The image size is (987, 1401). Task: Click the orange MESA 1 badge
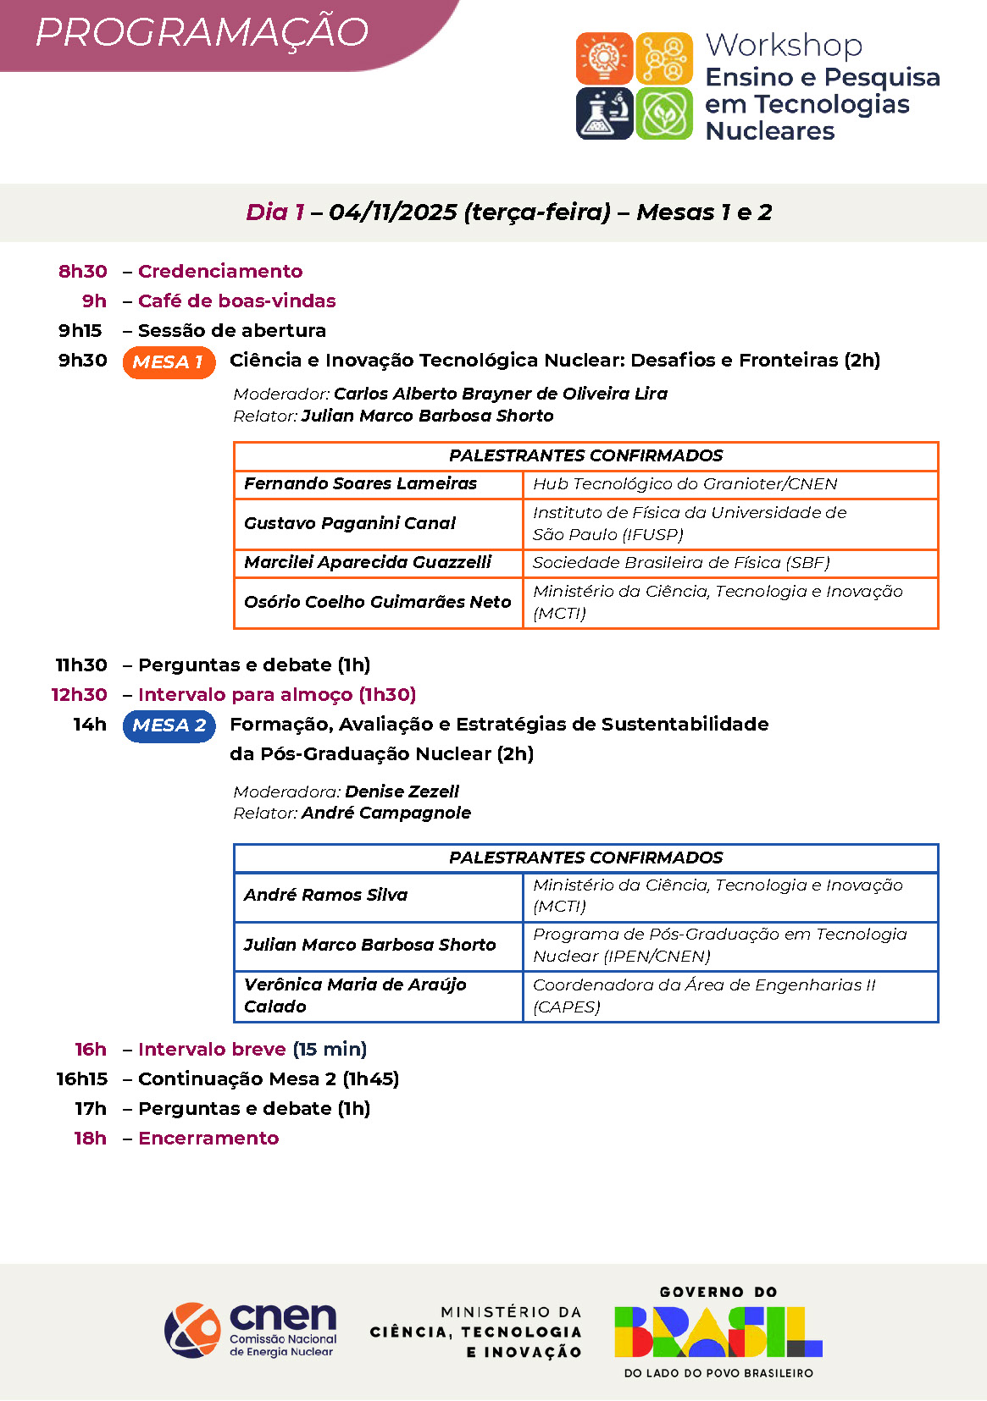pos(169,362)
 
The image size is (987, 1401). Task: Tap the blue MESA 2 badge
pos(169,725)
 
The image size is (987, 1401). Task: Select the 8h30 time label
pos(83,272)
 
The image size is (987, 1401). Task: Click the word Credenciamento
pos(220,272)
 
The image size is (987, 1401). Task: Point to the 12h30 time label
pos(80,695)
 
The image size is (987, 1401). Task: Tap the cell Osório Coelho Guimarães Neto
pos(378,602)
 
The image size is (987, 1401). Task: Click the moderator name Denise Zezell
pos(402,792)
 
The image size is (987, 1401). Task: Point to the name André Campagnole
pos(385,814)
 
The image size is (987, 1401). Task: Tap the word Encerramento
pos(208,1139)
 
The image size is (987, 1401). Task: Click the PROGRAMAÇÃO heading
pos(202,33)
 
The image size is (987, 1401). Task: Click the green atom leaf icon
pos(664,113)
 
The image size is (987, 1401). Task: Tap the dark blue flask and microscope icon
pos(604,113)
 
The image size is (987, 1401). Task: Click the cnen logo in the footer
pos(251,1330)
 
